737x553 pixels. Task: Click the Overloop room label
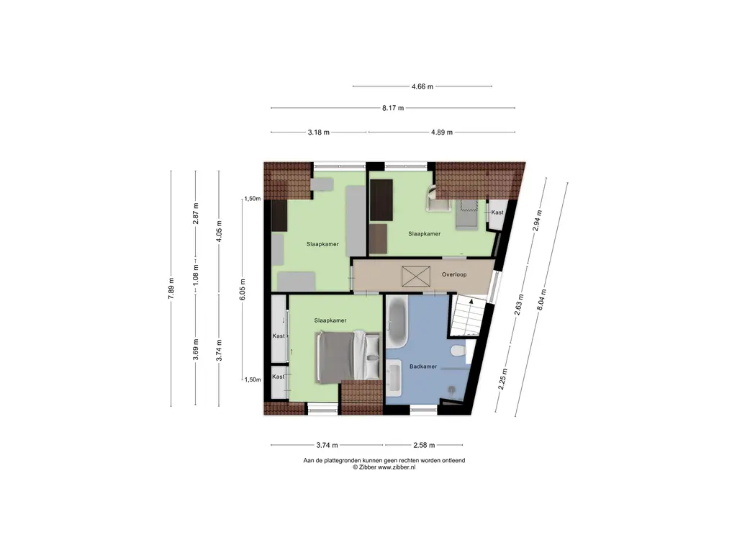(454, 274)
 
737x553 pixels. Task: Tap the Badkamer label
(423, 367)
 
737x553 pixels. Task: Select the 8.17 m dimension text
(393, 108)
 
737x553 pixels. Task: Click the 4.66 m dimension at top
(422, 86)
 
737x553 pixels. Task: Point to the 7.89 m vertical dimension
(171, 288)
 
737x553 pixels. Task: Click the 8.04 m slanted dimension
(541, 299)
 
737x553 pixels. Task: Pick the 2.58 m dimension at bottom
(424, 445)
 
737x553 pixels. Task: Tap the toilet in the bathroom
(457, 351)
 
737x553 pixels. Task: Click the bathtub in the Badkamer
(397, 322)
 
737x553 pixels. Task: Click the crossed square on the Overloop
(416, 276)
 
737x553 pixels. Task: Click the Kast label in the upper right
(497, 212)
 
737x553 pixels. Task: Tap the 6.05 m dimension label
(243, 289)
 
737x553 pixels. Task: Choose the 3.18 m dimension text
(319, 132)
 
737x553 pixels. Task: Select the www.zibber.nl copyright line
(384, 467)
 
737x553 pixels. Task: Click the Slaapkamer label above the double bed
(330, 320)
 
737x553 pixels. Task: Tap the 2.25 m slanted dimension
(503, 379)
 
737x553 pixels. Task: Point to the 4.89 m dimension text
(442, 132)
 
